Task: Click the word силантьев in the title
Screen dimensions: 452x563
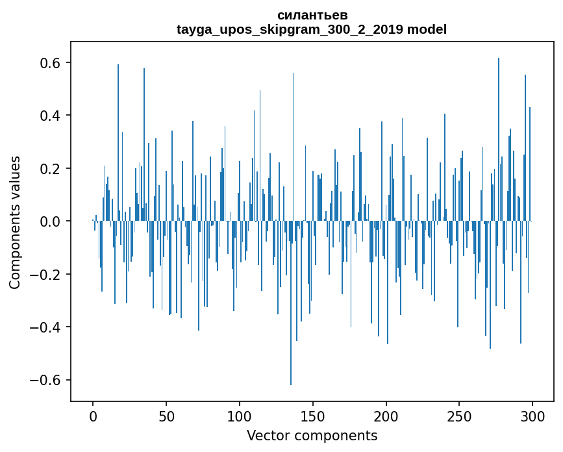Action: pyautogui.click(x=312, y=15)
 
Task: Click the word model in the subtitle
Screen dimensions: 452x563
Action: pyautogui.click(x=427, y=29)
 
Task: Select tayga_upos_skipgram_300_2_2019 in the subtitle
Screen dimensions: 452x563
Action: pyautogui.click(x=290, y=29)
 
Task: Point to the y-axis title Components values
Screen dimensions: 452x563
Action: pyautogui.click(x=15, y=222)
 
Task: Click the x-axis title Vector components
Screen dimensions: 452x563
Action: pyautogui.click(x=312, y=435)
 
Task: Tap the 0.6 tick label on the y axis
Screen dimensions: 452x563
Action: pyautogui.click(x=48, y=63)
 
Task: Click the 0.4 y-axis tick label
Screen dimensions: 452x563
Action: pyautogui.click(x=48, y=116)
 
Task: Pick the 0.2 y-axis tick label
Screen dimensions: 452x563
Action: pyautogui.click(x=48, y=169)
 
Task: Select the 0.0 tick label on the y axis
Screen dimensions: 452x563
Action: pyautogui.click(x=48, y=221)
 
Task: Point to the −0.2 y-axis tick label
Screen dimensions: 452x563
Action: pyautogui.click(x=44, y=274)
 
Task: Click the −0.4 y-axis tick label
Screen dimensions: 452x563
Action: pyautogui.click(x=44, y=327)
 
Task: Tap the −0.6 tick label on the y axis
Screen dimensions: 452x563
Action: pyautogui.click(x=44, y=380)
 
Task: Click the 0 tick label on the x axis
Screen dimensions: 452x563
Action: pyautogui.click(x=93, y=416)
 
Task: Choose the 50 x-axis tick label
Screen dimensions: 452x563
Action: pyautogui.click(x=166, y=416)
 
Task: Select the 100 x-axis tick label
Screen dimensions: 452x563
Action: pyautogui.click(x=240, y=416)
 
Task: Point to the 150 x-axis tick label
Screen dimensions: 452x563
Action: pyautogui.click(x=313, y=416)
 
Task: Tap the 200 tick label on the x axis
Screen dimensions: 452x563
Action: pyautogui.click(x=386, y=416)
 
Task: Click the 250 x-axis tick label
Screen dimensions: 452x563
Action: pyautogui.click(x=460, y=416)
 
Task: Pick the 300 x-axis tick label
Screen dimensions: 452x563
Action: pyautogui.click(x=532, y=416)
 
